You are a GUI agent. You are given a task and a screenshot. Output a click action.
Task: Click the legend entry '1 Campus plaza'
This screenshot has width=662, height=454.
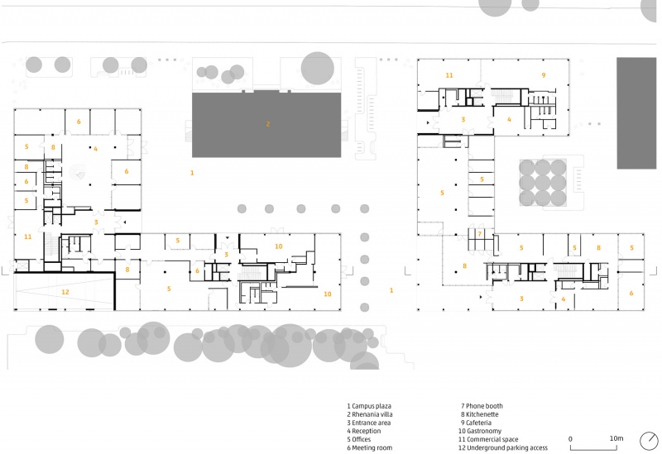click(369, 406)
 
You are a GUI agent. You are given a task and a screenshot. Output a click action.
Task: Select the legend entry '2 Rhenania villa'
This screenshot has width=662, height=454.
click(370, 414)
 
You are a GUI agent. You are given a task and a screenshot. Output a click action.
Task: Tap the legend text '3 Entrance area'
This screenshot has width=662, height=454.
click(369, 423)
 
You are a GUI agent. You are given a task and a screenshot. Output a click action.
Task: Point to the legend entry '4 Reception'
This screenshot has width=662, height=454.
click(364, 431)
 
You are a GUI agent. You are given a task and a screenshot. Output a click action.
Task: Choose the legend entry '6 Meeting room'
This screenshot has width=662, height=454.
click(369, 447)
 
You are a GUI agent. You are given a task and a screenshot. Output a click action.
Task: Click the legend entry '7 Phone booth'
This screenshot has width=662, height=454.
click(482, 406)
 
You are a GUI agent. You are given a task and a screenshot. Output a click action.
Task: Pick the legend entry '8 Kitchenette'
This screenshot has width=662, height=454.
click(480, 414)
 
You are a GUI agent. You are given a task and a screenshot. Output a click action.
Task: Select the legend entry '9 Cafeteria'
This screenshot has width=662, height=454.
click(477, 423)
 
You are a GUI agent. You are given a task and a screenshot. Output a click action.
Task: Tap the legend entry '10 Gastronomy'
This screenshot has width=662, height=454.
click(480, 431)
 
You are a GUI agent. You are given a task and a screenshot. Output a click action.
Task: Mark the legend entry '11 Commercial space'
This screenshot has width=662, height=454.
click(488, 439)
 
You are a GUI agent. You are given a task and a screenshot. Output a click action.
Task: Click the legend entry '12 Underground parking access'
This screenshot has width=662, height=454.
click(503, 447)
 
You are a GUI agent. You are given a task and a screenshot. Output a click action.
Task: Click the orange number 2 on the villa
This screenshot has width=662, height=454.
click(268, 124)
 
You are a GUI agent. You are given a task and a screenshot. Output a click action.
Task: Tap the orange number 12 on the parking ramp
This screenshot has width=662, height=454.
click(65, 292)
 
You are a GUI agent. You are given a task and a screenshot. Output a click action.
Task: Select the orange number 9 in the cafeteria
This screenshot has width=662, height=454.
click(544, 75)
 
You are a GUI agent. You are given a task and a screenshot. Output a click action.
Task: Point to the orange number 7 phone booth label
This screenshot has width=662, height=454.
click(480, 234)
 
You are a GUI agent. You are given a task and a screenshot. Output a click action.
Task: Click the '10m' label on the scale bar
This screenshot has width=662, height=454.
click(616, 438)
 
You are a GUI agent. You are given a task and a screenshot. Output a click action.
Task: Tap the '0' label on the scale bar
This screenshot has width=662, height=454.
click(570, 439)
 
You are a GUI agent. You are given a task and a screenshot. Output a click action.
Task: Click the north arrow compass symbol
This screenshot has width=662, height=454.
click(649, 442)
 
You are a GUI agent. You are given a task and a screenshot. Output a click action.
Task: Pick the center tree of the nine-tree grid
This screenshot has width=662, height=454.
click(543, 183)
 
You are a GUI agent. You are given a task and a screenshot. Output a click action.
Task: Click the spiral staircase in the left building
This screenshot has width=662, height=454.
click(78, 173)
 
